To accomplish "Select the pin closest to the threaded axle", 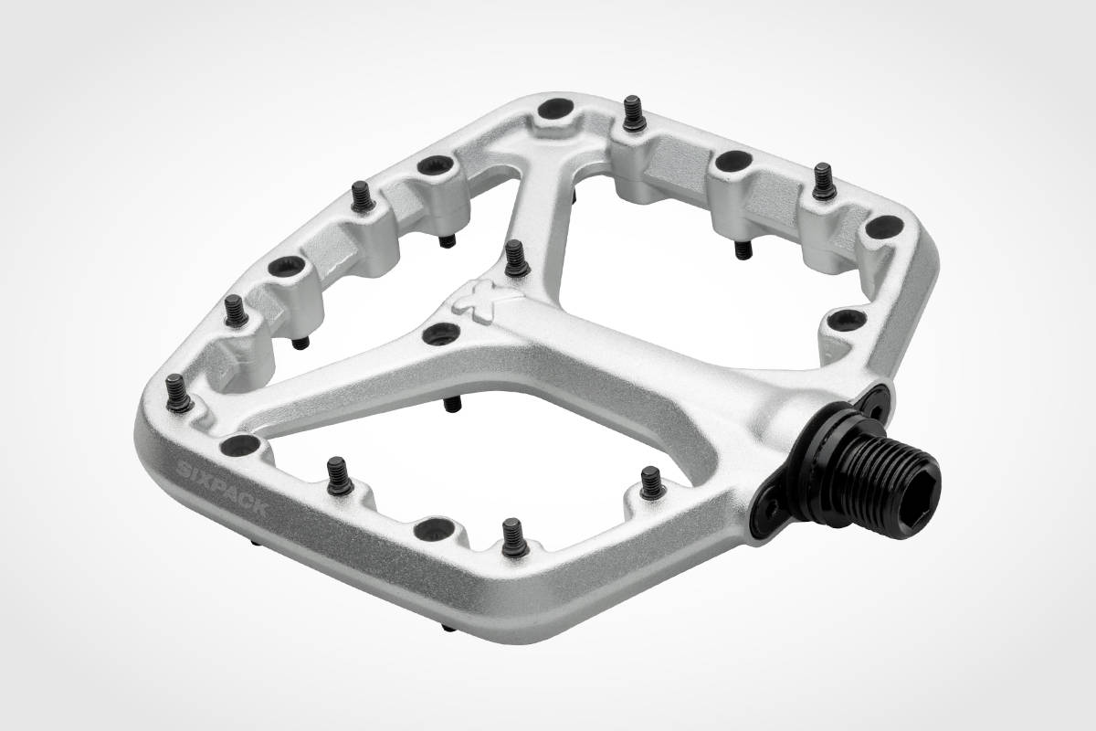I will [650, 481].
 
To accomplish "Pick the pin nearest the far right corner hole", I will [823, 180].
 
